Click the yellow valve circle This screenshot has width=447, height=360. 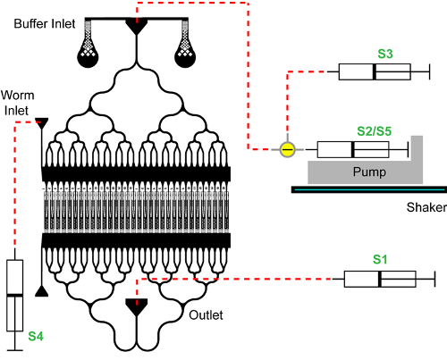[288, 149]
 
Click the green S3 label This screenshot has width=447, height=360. [385, 54]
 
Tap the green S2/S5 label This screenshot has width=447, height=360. [375, 131]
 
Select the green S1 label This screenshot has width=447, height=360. [380, 259]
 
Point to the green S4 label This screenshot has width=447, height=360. [36, 336]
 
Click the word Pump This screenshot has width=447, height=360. [369, 172]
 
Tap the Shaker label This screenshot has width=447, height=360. [426, 207]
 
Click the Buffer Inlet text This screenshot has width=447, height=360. [45, 24]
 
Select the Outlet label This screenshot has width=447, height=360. [206, 315]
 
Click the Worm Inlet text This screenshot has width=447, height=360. [17, 103]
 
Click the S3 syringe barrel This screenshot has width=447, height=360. [375, 71]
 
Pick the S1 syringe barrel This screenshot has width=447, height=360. [380, 279]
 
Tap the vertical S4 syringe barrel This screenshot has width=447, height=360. [15, 296]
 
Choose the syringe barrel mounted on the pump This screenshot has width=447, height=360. [353, 149]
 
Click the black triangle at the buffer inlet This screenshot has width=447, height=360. [137, 26]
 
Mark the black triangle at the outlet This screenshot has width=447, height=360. [137, 306]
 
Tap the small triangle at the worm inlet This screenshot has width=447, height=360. [42, 123]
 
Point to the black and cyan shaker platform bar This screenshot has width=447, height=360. [369, 189]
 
